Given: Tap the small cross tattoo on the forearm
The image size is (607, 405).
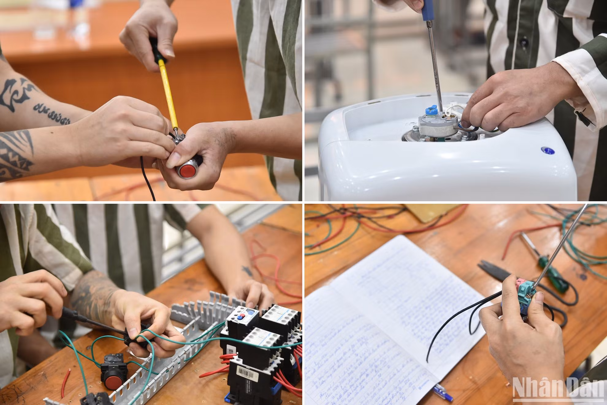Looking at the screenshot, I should tap(246, 270).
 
